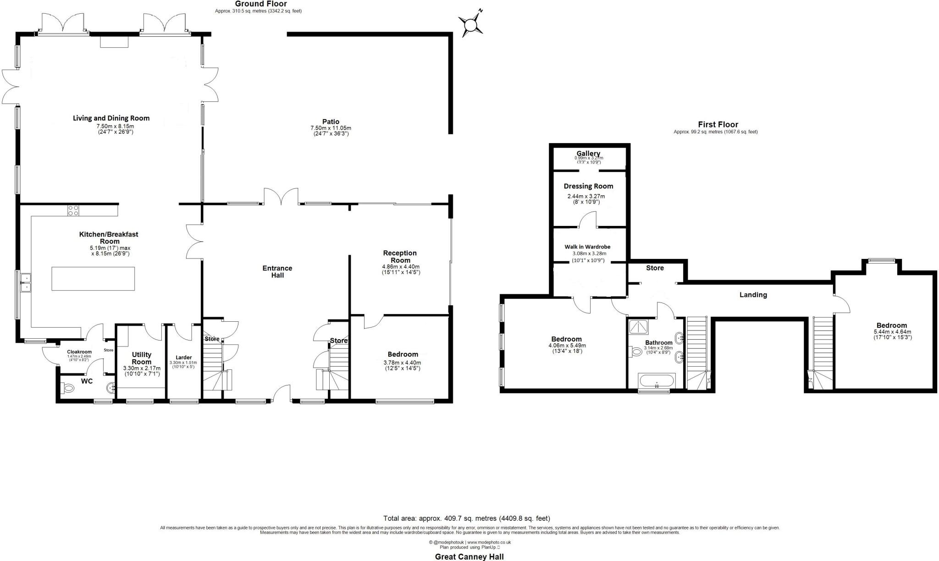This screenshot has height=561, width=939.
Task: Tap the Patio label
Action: [331, 121]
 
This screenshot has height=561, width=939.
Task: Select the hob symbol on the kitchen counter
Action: [73, 210]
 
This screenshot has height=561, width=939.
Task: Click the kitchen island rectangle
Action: [93, 278]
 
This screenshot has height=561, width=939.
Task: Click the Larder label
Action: [184, 357]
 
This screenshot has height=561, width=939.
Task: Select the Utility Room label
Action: [142, 358]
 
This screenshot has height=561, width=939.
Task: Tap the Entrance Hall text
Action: [277, 271]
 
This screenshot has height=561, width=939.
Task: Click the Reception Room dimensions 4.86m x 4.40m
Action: [401, 267]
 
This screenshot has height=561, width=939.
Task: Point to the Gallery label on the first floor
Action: [588, 154]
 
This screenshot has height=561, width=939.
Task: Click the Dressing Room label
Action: [588, 186]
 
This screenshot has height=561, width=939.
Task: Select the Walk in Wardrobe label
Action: [587, 247]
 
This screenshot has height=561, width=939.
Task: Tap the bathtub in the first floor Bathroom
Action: [657, 381]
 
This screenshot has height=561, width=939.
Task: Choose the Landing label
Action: [753, 295]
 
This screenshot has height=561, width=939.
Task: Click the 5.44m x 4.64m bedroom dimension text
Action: [892, 332]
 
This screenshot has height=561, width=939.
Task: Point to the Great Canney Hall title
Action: [469, 556]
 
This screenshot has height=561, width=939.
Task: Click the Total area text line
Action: [466, 518]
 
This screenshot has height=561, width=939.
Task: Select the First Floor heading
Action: [718, 124]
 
